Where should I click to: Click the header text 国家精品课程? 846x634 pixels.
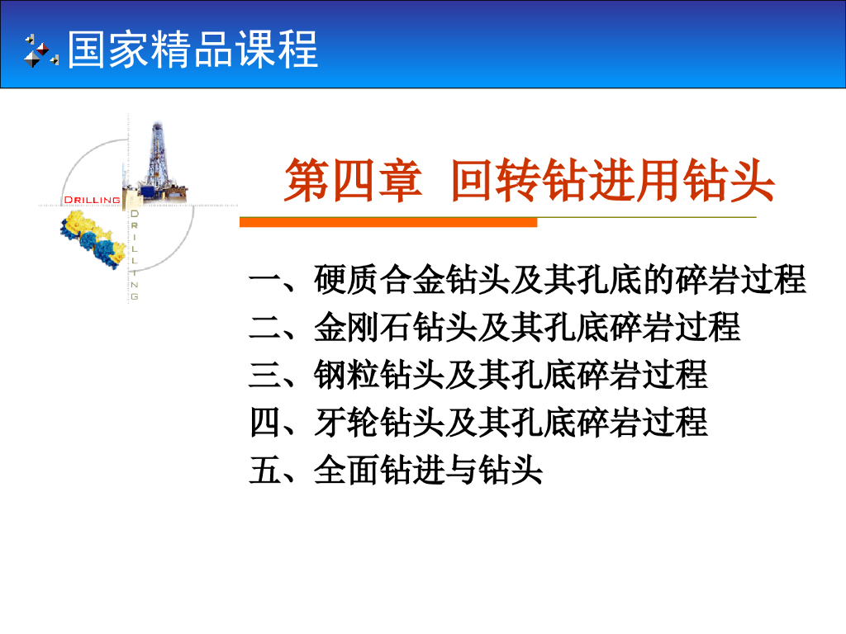pyautogui.click(x=192, y=50)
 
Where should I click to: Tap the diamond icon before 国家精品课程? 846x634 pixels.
pyautogui.click(x=40, y=50)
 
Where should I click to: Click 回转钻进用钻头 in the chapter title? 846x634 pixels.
pyautogui.click(x=612, y=182)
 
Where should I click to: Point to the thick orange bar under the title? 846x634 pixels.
pyautogui.click(x=388, y=222)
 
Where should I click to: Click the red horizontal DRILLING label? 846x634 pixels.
pyautogui.click(x=92, y=199)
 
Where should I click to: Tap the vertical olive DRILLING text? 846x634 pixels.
pyautogui.click(x=135, y=254)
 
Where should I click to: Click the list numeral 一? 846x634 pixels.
pyautogui.click(x=264, y=281)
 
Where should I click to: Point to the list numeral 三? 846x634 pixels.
pyautogui.click(x=264, y=376)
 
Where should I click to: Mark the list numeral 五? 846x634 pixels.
pyautogui.click(x=264, y=471)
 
